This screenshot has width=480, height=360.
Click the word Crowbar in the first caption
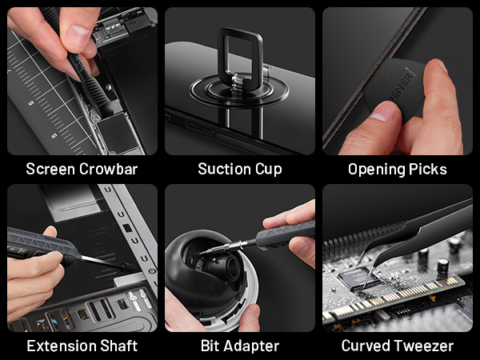click(111, 170)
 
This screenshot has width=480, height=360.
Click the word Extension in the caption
click(58, 346)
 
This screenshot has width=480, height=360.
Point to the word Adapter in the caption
click(252, 346)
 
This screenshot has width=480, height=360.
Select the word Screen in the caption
click(50, 170)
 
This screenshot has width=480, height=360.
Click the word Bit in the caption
click(209, 346)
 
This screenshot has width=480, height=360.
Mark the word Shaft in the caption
click(117, 346)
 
